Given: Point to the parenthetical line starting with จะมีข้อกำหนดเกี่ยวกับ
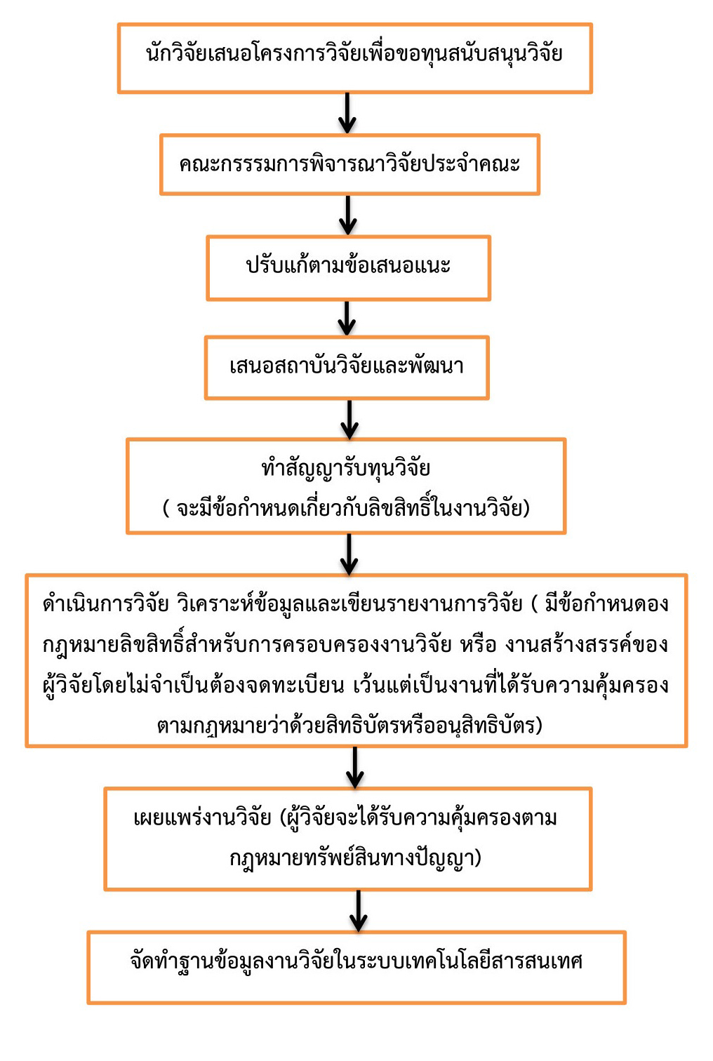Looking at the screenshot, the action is (346, 508).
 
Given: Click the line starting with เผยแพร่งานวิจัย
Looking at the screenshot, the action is (345, 818).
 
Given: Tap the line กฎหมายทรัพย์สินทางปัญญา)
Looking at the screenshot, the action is (355, 858).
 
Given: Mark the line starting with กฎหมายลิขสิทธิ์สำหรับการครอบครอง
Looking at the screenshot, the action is (356, 645).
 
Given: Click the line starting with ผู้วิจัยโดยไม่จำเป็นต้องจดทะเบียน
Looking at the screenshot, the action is (356, 686).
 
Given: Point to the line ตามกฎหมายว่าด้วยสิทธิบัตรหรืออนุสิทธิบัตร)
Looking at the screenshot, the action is (349, 726).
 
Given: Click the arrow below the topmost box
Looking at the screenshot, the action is (347, 113).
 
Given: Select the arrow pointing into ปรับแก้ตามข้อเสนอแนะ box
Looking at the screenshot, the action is (348, 215).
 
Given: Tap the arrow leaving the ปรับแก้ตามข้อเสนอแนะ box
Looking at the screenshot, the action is (347, 319).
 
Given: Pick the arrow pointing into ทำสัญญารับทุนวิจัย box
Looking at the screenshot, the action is (349, 420).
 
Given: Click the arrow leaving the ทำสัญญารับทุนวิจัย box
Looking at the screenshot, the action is (349, 554).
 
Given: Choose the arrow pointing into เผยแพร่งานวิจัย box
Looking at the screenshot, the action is (355, 768).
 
